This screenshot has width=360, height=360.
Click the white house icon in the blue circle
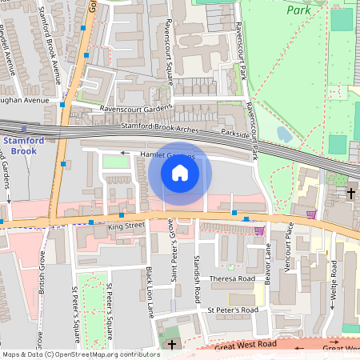[x=180, y=173]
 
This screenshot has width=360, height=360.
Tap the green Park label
[x=299, y=11]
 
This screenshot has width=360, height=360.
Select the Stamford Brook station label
[x=20, y=145]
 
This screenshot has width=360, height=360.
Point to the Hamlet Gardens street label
[x=167, y=156]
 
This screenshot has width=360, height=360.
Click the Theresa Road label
[x=232, y=279]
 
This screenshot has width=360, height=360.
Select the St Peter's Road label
[x=233, y=309]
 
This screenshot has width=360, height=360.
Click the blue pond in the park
[x=284, y=134]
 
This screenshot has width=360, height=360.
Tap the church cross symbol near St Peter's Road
[x=170, y=344]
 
